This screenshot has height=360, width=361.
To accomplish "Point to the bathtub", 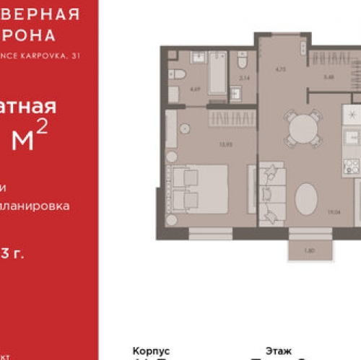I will pos(217,73).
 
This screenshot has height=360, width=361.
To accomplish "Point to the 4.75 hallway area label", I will pos(281,70).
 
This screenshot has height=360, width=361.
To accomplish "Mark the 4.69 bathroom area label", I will pos(194,89).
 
